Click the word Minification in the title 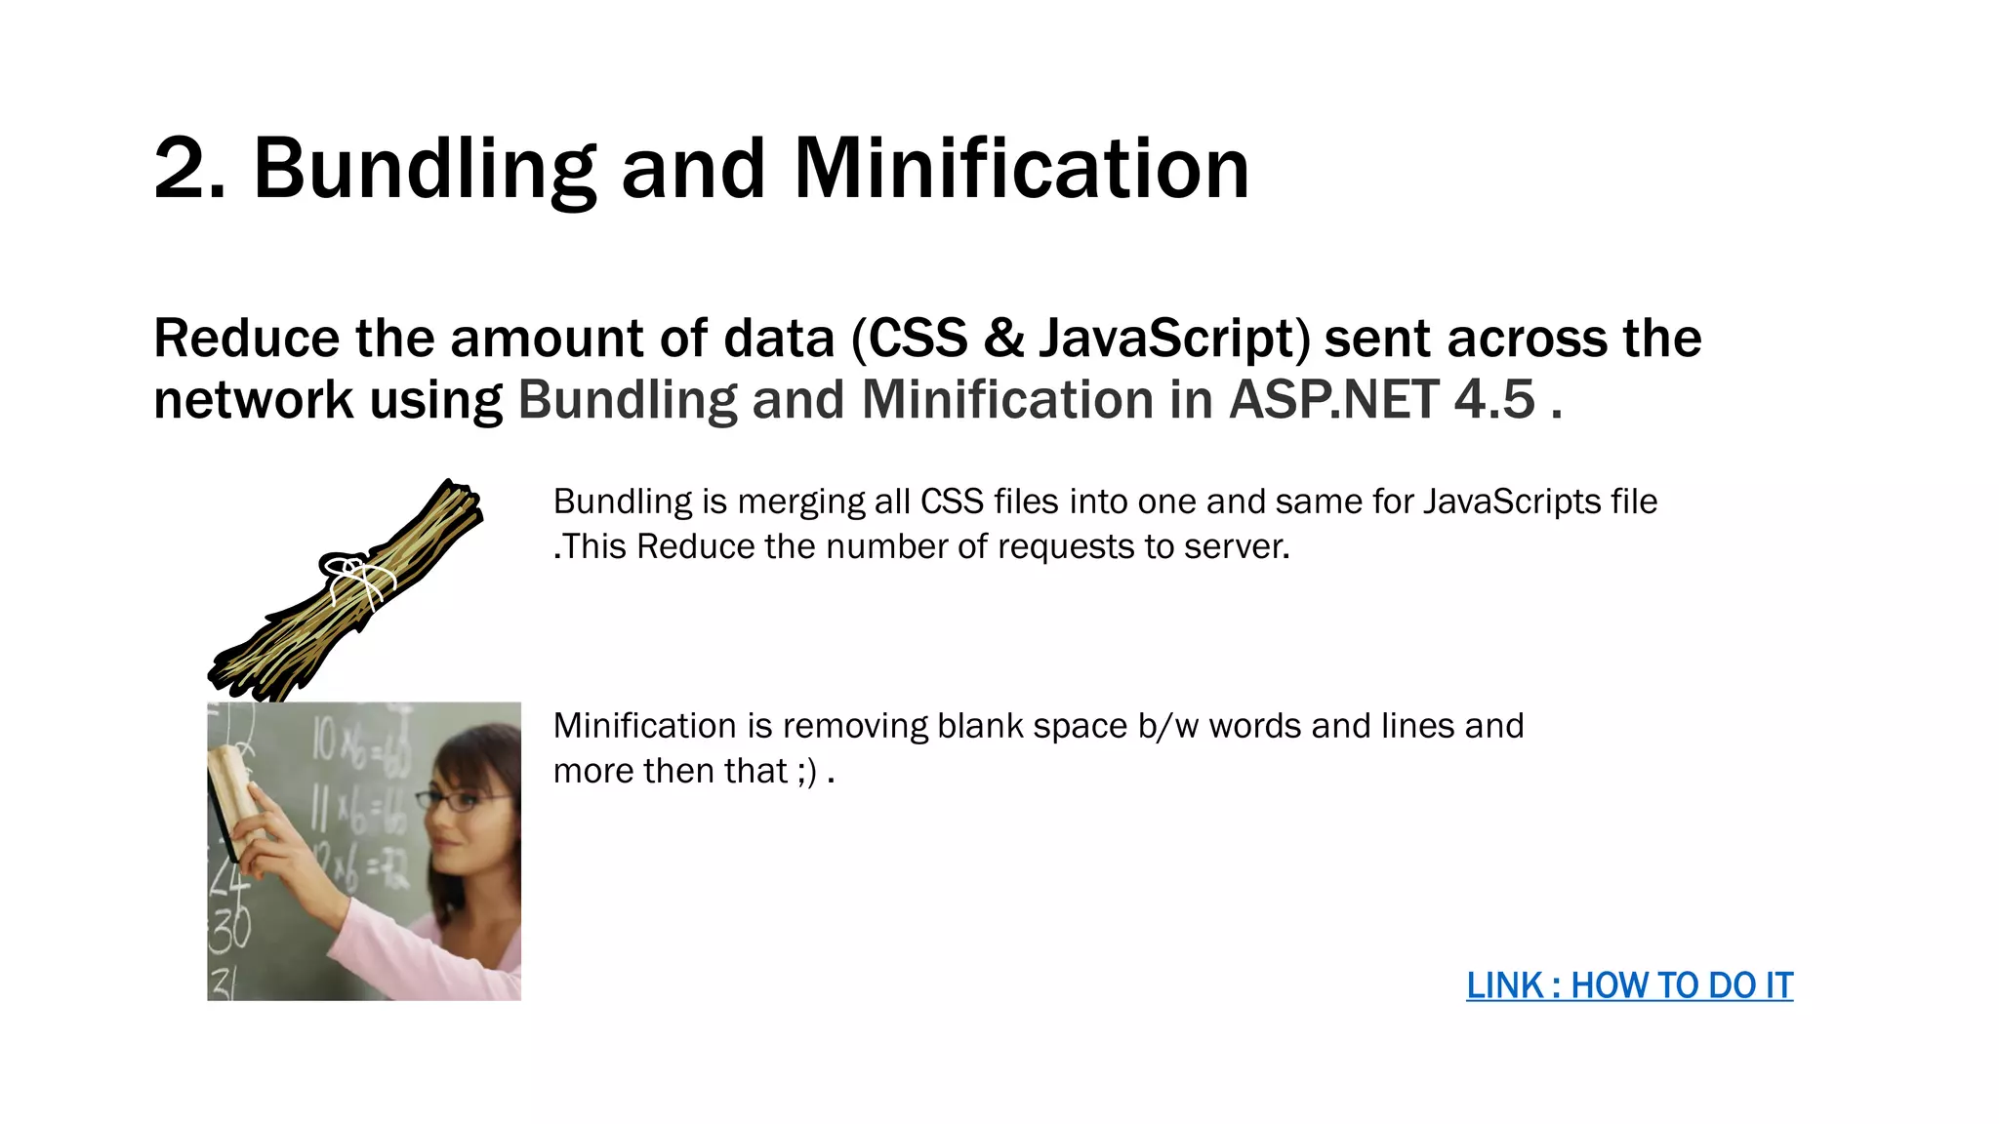pyautogui.click(x=1021, y=170)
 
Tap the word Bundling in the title pyautogui.click(x=425, y=170)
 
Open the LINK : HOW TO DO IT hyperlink pyautogui.click(x=1629, y=985)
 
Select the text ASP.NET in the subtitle pyautogui.click(x=1333, y=400)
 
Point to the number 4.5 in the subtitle pyautogui.click(x=1494, y=400)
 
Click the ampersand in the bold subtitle pyautogui.click(x=1002, y=339)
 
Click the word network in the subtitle pyautogui.click(x=253, y=400)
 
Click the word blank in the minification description pyautogui.click(x=980, y=726)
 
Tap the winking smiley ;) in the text pyautogui.click(x=807, y=772)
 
